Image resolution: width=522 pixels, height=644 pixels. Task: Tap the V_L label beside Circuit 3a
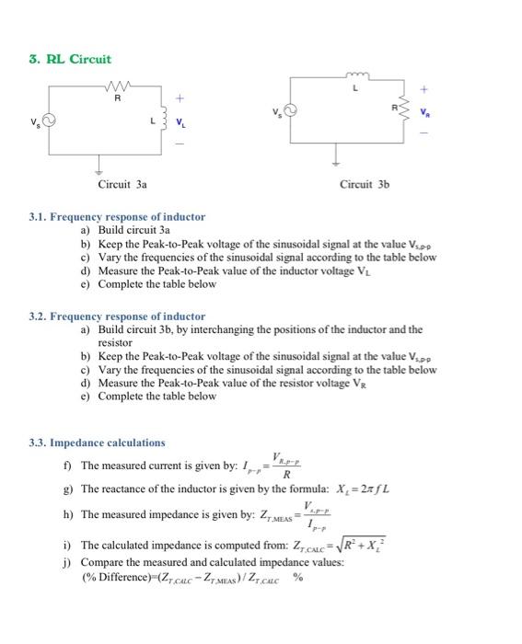click(180, 122)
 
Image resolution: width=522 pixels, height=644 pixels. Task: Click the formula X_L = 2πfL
click(359, 489)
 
